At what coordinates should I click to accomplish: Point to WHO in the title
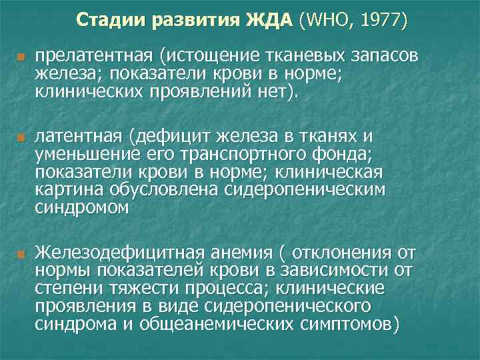(325, 20)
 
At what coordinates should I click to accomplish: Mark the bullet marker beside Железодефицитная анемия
(21, 254)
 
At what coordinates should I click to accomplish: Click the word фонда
(353, 154)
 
